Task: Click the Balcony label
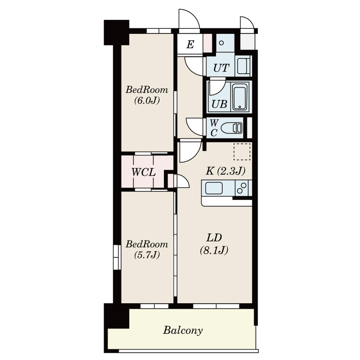183,331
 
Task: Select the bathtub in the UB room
240,97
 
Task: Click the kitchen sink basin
214,188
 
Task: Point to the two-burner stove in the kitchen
242,188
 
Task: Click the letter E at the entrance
190,44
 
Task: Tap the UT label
221,68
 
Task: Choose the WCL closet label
144,172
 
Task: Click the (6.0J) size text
147,100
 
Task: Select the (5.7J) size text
147,255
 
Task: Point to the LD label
214,238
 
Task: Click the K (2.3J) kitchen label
225,171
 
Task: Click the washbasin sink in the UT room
243,66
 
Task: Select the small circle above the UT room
221,43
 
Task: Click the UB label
219,104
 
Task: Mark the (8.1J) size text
214,250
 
